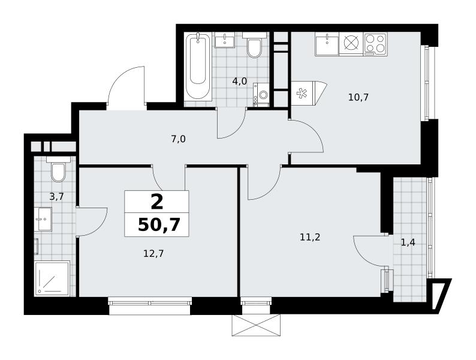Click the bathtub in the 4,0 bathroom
pos(198,67)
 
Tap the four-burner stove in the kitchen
pos(376,44)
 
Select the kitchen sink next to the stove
pos(327,44)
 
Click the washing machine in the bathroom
pos(261,94)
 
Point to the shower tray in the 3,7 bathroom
pos(53,278)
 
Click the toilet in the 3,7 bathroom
pos(58,170)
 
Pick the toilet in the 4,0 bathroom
pos(254,46)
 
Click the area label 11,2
pos(310,237)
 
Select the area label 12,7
pos(153,253)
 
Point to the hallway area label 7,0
pos(178,139)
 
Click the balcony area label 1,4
pos(408,242)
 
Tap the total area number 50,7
pos(159,225)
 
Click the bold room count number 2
pos(157,202)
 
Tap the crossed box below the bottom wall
pos(255,325)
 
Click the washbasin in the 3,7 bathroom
pos(43,219)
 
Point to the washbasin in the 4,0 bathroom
pos(225,40)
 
